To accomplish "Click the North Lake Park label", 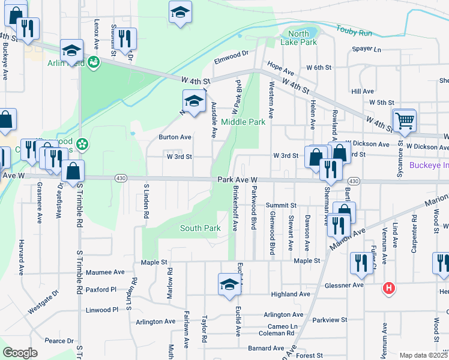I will point(298,38).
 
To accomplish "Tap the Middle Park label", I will point(243,122).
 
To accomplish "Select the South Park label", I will point(200,228).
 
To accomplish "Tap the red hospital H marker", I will point(389,289).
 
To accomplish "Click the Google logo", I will point(20,353).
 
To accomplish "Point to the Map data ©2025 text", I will point(423,355).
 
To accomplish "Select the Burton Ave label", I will point(175,137).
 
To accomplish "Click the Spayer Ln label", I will point(367,49).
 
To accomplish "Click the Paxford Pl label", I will point(101,289).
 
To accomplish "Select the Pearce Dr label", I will point(59,341).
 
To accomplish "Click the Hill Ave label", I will point(363,91).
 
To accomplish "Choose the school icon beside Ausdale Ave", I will point(194,102).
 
